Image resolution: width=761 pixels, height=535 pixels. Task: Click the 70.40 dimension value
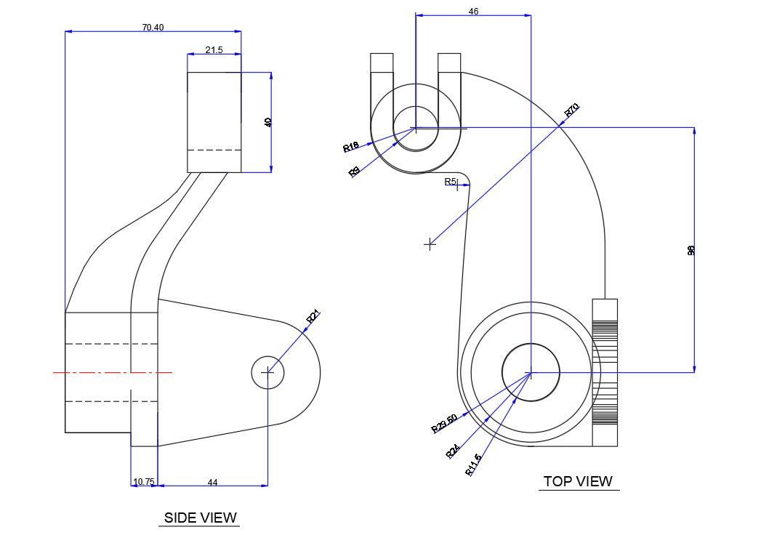pyautogui.click(x=153, y=27)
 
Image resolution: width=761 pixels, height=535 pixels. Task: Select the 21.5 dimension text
pyautogui.click(x=214, y=50)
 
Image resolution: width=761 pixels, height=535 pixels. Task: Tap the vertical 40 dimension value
pyautogui.click(x=267, y=122)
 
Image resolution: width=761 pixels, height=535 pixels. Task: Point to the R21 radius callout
pyautogui.click(x=313, y=316)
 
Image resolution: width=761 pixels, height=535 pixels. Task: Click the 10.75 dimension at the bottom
pyautogui.click(x=143, y=482)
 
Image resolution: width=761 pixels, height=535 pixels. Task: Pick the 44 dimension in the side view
pyautogui.click(x=213, y=482)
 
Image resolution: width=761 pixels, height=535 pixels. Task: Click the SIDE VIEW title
pyautogui.click(x=200, y=518)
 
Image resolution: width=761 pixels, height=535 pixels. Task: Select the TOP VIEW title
pyautogui.click(x=578, y=481)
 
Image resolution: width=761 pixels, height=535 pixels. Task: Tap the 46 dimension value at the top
pyautogui.click(x=474, y=12)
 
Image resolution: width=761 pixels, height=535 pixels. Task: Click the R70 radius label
pyautogui.click(x=572, y=110)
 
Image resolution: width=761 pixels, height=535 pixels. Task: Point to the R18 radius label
pyautogui.click(x=351, y=148)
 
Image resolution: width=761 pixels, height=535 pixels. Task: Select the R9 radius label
pyautogui.click(x=355, y=172)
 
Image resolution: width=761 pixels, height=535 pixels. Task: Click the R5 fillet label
pyautogui.click(x=451, y=181)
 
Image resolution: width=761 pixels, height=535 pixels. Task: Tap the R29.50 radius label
pyautogui.click(x=444, y=423)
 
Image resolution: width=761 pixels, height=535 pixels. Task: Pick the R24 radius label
pyautogui.click(x=454, y=451)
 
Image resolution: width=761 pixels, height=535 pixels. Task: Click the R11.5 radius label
pyautogui.click(x=473, y=464)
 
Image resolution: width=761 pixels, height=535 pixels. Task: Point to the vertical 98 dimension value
pyautogui.click(x=691, y=250)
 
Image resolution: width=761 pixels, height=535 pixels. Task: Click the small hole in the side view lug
pyautogui.click(x=267, y=373)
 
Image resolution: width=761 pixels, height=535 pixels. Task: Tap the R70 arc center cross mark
pyautogui.click(x=430, y=244)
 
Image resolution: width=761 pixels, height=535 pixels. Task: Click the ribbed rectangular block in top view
pyautogui.click(x=605, y=372)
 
